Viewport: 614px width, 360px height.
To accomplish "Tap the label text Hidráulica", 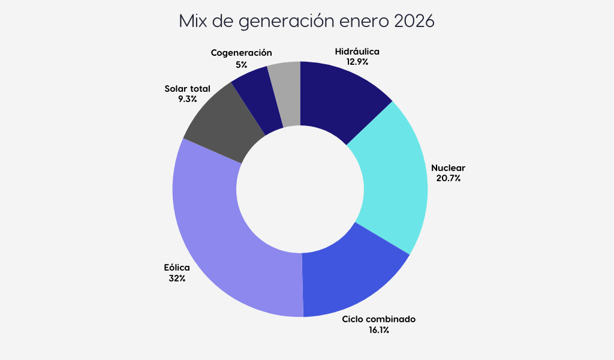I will tap(357, 52).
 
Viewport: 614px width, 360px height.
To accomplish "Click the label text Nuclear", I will tap(449, 168).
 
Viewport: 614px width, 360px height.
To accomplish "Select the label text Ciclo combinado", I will tap(378, 319).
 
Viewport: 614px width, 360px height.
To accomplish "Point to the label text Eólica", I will tap(177, 268).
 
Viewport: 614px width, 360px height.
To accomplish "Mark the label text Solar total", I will tap(187, 89).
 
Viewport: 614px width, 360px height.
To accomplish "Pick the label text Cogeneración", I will tap(241, 53).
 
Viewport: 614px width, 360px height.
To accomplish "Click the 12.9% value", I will tap(357, 61).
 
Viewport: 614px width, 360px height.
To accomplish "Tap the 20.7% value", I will tap(449, 178).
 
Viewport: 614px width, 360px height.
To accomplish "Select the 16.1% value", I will tap(378, 329).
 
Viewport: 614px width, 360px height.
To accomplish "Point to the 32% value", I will tap(177, 278).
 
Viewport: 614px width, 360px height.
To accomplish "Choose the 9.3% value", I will tap(187, 99).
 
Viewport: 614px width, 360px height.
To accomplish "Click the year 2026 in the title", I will tap(414, 22).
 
